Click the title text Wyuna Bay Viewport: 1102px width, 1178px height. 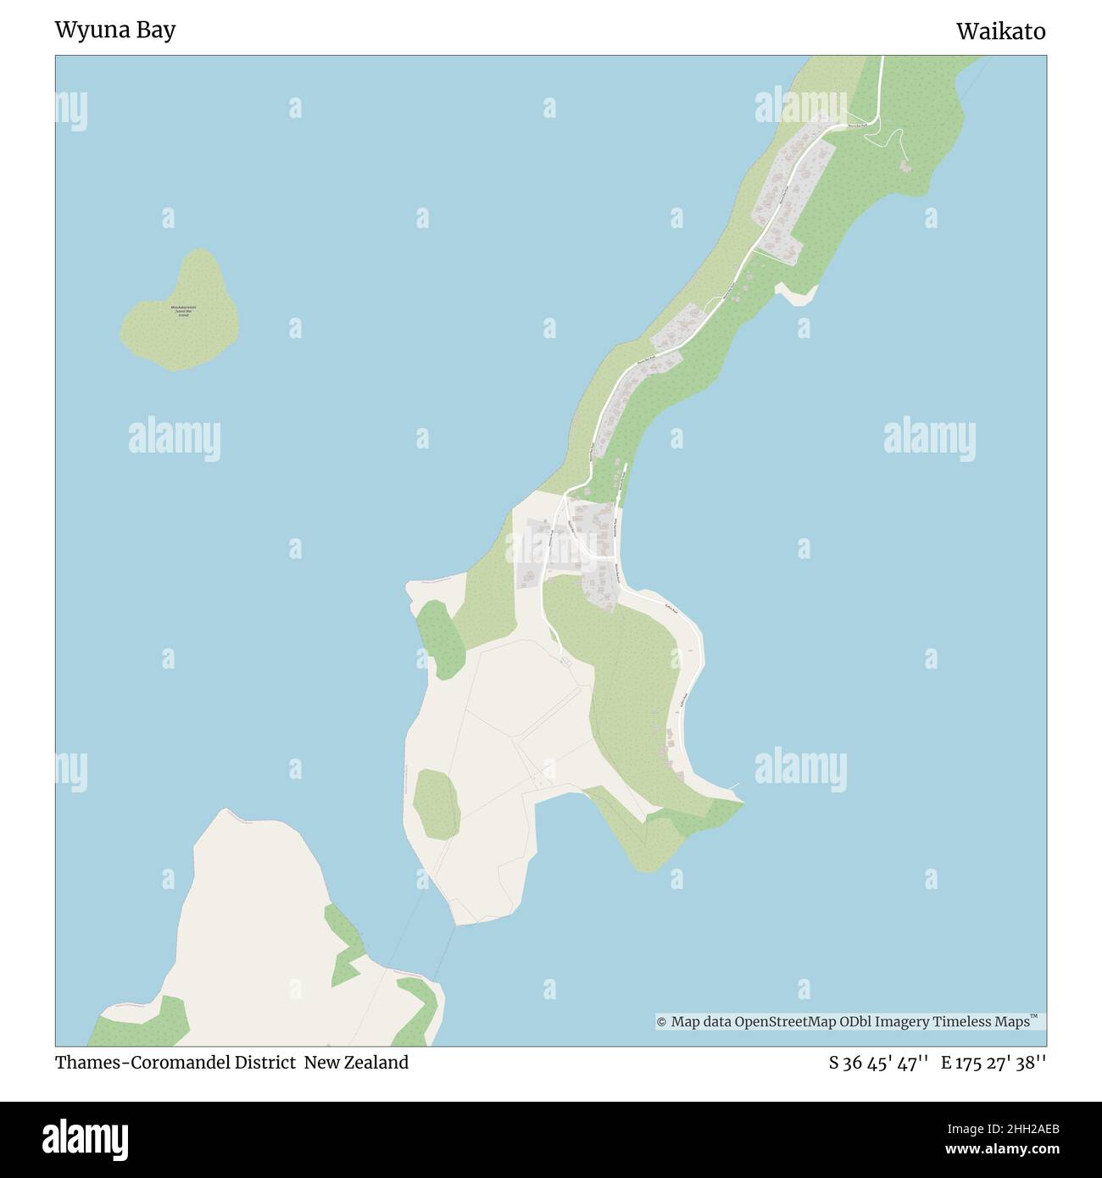[115, 31]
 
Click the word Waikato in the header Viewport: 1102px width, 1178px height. [1000, 31]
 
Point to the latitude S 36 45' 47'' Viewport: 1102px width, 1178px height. [879, 1063]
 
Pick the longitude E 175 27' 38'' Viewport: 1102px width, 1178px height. [993, 1063]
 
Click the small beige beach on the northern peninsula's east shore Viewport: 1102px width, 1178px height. [798, 294]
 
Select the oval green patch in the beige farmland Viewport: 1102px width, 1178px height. [437, 803]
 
